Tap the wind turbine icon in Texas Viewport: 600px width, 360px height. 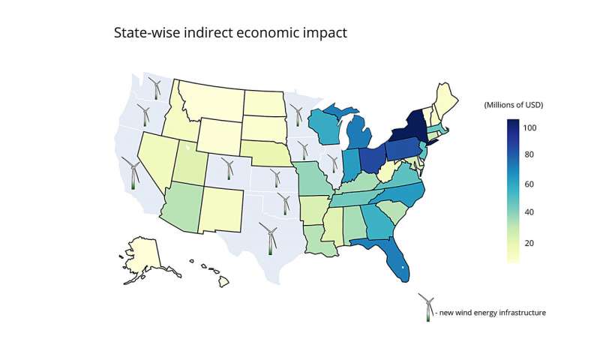tap(269, 238)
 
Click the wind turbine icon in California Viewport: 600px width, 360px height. tap(133, 174)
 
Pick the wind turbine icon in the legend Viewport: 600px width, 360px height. tap(428, 307)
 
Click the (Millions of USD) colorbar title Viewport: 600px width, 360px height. tap(514, 104)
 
